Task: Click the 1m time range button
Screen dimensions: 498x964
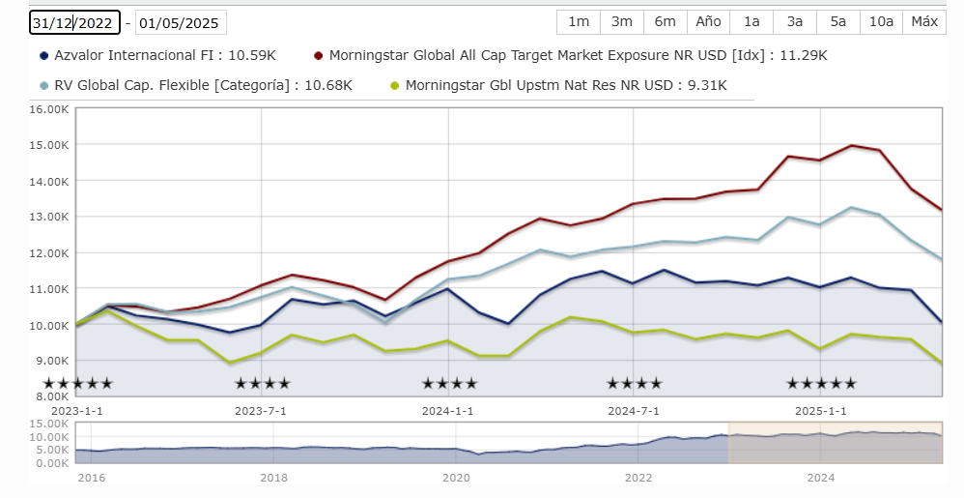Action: [579, 22]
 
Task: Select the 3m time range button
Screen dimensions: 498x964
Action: [622, 22]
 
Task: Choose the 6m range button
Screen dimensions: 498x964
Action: [665, 22]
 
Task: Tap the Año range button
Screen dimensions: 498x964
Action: [708, 22]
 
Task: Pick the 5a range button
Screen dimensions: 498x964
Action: [837, 22]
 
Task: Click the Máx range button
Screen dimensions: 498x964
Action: [924, 22]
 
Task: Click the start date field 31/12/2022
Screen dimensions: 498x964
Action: [74, 23]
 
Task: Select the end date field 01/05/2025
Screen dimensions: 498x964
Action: [181, 23]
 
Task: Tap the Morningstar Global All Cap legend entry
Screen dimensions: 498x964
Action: [570, 56]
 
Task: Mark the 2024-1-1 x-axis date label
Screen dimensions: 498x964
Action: [448, 410]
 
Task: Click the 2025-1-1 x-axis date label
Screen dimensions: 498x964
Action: [820, 410]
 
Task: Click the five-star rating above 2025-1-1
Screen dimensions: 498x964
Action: [821, 384]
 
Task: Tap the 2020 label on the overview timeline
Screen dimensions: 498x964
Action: [456, 478]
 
